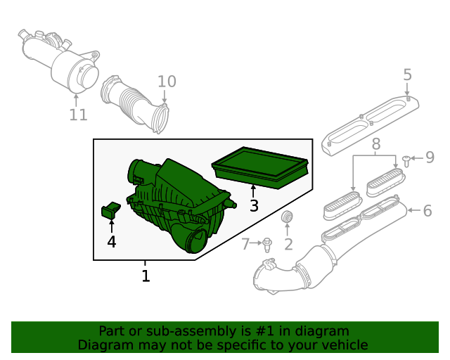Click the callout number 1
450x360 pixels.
tap(146, 276)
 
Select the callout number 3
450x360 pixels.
tap(254, 205)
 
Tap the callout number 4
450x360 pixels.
tap(112, 242)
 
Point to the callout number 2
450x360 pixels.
tap(288, 244)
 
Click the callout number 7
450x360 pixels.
tap(245, 244)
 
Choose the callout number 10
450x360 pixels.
tap(166, 82)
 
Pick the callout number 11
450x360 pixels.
tap(78, 114)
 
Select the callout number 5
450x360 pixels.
tap(407, 75)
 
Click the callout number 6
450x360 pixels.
tap(427, 210)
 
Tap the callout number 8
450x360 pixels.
tap(376, 145)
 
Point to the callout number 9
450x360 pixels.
tap(430, 157)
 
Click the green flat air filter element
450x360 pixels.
tap(261, 167)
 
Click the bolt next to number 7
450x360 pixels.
tap(267, 245)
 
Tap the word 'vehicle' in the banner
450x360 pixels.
tap(344, 345)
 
